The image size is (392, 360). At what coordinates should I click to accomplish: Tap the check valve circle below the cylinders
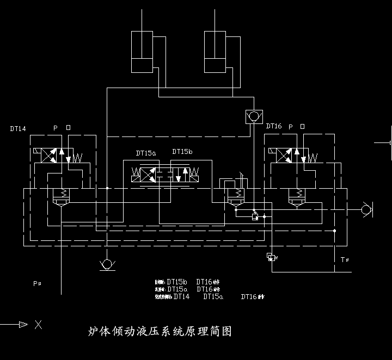point(253,116)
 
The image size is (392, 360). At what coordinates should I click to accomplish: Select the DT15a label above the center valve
point(146,153)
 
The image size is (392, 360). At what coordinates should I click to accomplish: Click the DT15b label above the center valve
point(182,152)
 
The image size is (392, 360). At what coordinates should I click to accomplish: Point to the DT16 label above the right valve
point(274,126)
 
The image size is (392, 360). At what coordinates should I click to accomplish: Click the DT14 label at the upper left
point(18,129)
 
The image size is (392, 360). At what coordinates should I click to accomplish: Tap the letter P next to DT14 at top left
point(55,128)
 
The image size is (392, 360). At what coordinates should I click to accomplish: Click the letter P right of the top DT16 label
point(291,126)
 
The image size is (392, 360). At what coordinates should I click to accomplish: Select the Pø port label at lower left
point(37,283)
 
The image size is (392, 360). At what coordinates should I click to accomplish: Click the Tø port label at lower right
point(344,259)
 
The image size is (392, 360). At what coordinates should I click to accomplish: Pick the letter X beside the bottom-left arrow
point(38,325)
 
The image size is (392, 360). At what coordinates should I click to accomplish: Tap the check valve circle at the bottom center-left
point(107,265)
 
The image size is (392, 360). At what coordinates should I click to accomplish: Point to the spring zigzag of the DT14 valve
point(77,158)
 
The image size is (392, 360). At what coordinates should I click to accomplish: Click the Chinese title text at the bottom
point(160,331)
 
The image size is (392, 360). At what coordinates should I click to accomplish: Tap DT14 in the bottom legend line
point(181,297)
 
